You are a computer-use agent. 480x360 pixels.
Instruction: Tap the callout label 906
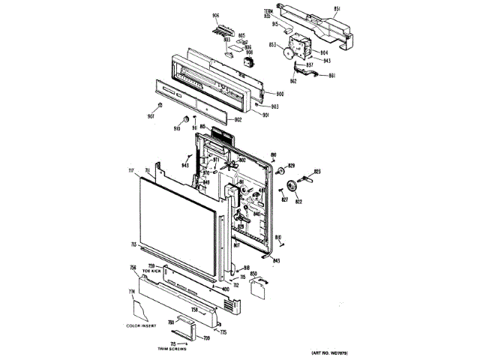[x=216, y=17]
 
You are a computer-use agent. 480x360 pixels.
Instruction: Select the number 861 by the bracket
[x=332, y=75]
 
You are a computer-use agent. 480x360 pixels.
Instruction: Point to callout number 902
[x=237, y=120]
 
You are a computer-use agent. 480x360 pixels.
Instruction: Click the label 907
[x=150, y=115]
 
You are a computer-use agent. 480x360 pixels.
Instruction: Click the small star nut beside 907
[x=159, y=105]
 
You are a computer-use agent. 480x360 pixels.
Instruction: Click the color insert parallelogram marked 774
[x=142, y=307]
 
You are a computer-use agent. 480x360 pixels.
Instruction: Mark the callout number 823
[x=317, y=172]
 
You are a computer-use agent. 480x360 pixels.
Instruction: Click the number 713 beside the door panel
[x=133, y=245]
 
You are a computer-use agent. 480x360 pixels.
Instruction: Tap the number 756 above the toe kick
[x=133, y=268]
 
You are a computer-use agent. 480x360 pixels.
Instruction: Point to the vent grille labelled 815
[x=218, y=134]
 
